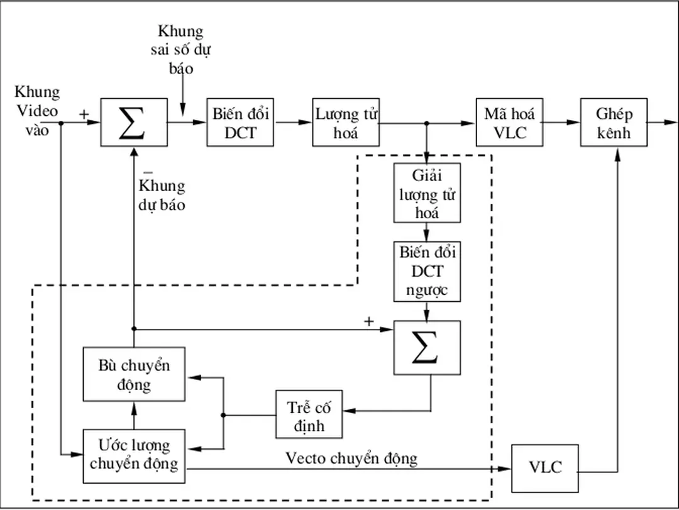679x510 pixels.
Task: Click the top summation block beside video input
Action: (134, 122)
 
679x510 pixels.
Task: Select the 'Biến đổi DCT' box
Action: (240, 122)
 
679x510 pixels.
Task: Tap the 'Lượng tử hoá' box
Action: (346, 122)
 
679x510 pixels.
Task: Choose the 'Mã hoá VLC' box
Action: (509, 122)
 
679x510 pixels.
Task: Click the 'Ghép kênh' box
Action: (614, 122)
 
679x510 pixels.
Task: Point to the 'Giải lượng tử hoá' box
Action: (427, 193)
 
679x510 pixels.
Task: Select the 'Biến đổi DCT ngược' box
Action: (427, 272)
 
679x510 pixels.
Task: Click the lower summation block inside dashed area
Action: (427, 348)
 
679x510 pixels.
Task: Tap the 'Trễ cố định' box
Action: (309, 414)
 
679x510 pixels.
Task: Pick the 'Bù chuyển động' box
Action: (134, 374)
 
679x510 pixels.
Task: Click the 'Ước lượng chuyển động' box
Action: (134, 456)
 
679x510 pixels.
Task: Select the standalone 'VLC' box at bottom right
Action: (544, 468)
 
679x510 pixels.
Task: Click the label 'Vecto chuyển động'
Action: (351, 458)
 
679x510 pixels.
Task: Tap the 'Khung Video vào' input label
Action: (37, 111)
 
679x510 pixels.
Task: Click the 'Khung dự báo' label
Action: (162, 196)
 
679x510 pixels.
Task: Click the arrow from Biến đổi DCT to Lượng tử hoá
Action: (293, 122)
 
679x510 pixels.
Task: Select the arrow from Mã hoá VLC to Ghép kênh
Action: (561, 122)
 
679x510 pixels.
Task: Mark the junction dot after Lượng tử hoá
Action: (427, 123)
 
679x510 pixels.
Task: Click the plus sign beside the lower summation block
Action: (369, 321)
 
